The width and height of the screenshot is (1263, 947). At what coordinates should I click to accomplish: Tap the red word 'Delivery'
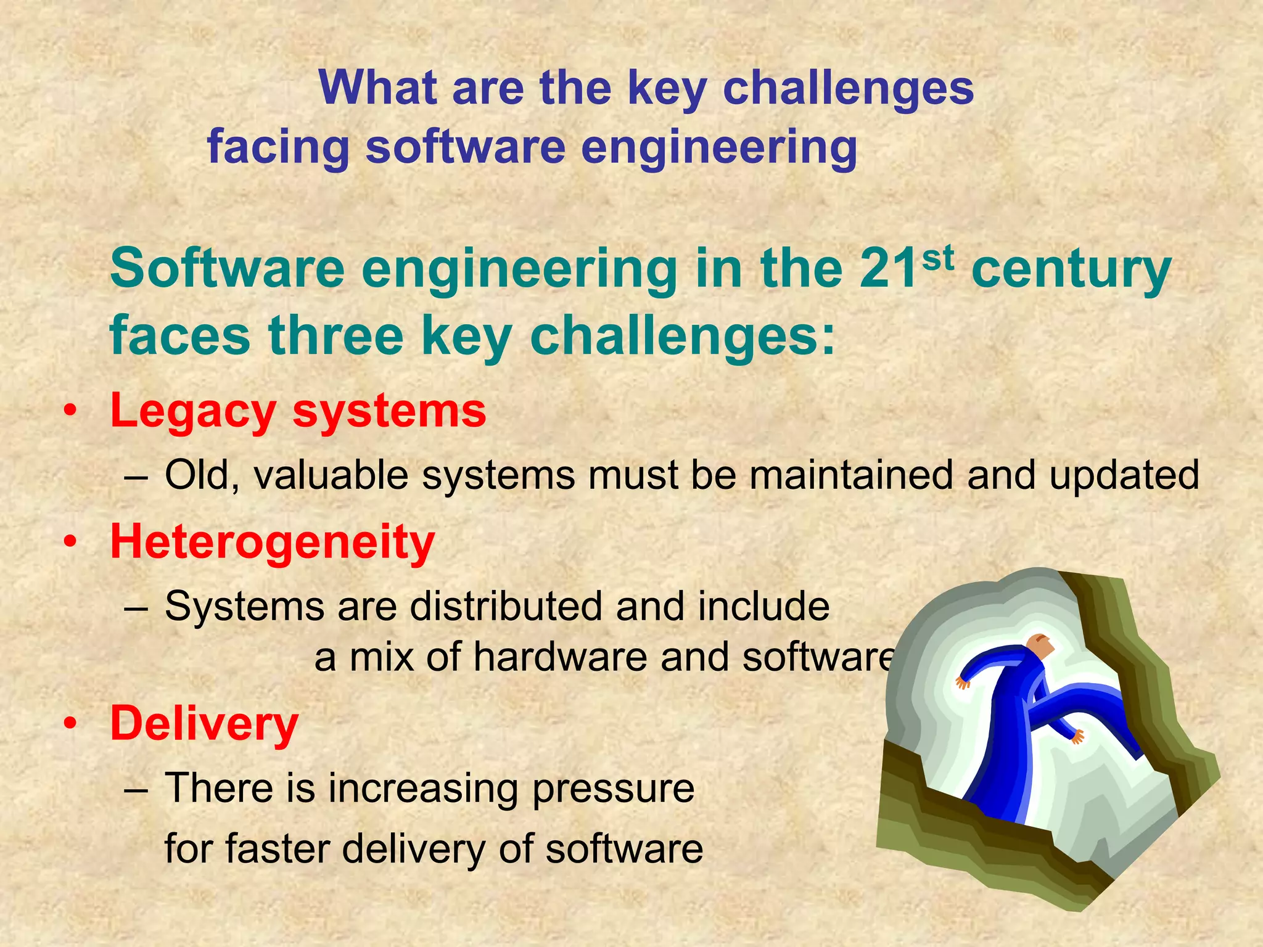pos(204,724)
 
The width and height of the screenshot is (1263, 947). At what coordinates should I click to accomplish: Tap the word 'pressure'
pos(613,789)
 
